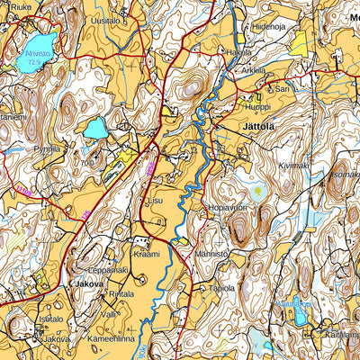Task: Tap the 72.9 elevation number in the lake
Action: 35,64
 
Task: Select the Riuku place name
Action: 21,6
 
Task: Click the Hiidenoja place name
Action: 268,28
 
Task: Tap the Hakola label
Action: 238,53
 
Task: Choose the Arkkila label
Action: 254,69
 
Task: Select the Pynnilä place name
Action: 47,148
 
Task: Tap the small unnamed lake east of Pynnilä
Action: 94,129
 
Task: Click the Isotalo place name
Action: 50,319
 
